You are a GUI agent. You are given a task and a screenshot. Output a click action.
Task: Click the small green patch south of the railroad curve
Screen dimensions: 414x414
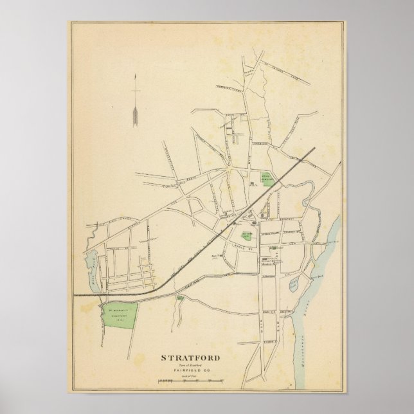pos(180,298)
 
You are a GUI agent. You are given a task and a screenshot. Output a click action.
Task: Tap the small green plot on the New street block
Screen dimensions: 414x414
pos(273,248)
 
